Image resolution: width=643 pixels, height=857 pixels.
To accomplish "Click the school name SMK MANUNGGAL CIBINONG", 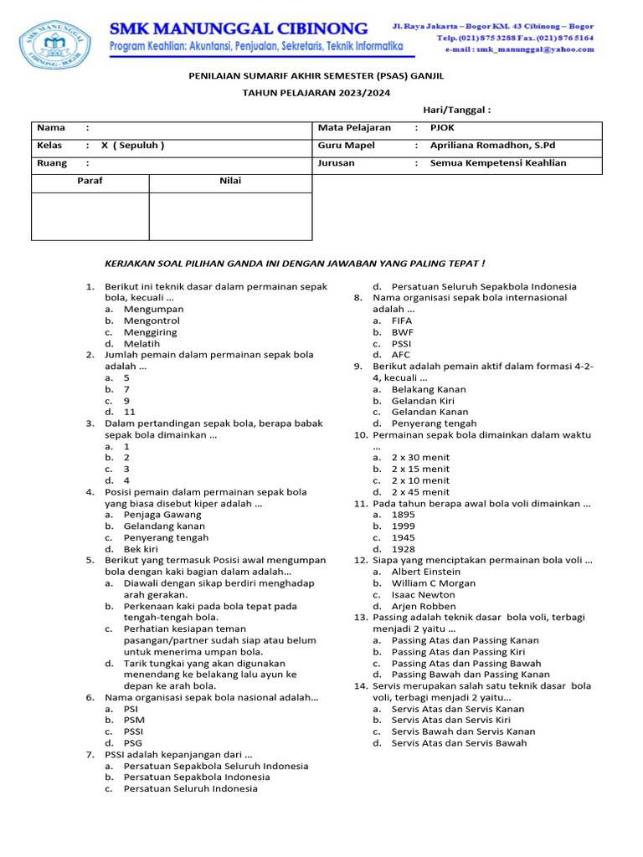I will [239, 29].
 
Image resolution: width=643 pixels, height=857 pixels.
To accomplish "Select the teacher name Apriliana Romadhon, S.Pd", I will [492, 145].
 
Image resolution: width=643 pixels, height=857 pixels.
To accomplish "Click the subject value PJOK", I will [442, 127].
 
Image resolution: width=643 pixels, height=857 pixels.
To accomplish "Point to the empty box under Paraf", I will [90, 217].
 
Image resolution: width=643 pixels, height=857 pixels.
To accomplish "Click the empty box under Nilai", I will [230, 217].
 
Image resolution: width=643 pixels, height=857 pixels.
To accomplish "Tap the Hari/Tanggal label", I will [456, 110].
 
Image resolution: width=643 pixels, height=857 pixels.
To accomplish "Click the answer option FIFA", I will [402, 321].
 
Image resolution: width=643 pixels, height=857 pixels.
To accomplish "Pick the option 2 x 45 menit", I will [420, 492].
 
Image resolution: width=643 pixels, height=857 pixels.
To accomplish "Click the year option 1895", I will [403, 515].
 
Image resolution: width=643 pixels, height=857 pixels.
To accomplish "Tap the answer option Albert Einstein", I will [425, 572].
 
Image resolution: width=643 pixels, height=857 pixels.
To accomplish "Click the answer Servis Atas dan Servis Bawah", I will [460, 743].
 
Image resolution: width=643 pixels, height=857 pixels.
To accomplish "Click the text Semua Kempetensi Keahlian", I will [498, 163].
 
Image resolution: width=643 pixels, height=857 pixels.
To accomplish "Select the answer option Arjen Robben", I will [424, 606].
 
